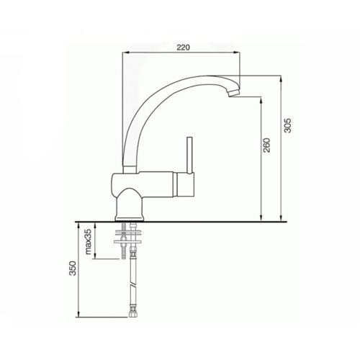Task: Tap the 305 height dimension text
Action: tap(287, 125)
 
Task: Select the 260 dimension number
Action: tap(267, 147)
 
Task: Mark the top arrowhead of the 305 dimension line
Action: tap(279, 78)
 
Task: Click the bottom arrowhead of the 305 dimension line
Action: tap(279, 219)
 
